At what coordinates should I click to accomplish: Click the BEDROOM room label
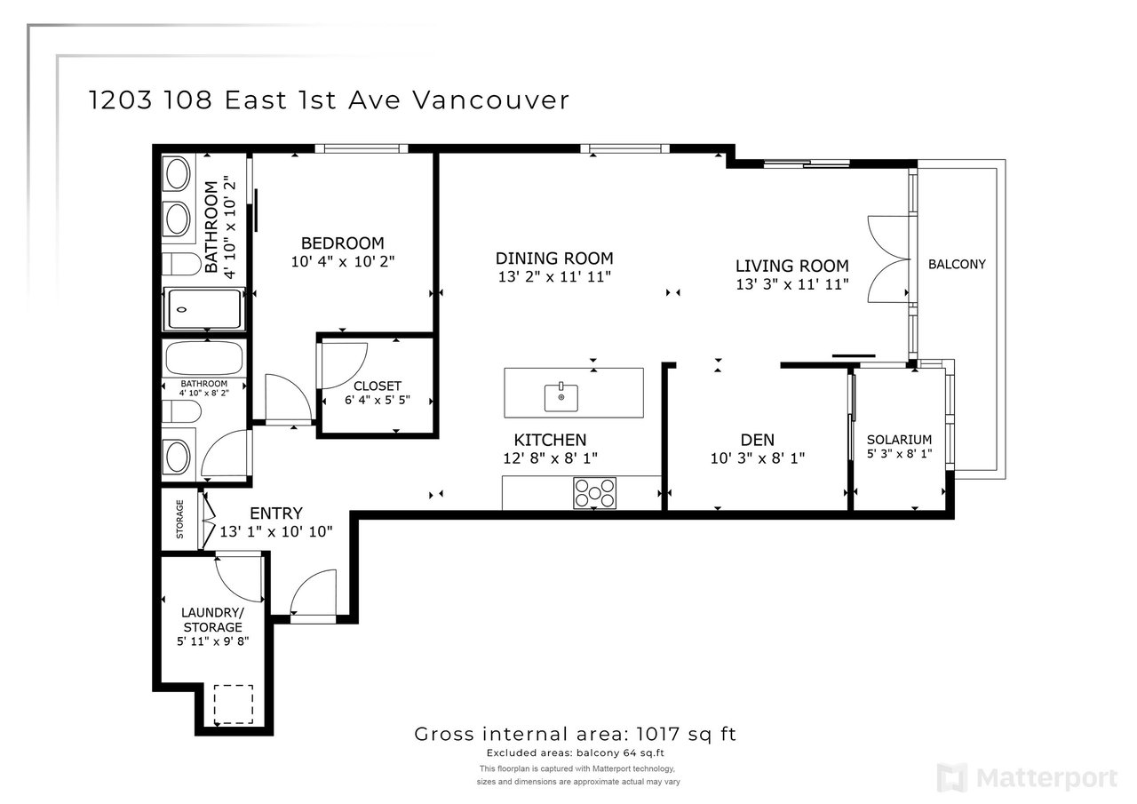(342, 243)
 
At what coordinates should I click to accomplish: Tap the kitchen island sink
(561, 397)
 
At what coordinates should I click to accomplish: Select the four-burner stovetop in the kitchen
(594, 492)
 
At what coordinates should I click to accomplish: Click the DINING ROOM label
(554, 259)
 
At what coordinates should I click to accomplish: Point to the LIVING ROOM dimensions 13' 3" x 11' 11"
(792, 284)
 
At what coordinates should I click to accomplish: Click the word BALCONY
(957, 264)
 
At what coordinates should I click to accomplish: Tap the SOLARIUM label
(899, 440)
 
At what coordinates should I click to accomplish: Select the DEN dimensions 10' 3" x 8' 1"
(758, 458)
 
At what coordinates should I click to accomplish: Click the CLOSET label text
(378, 386)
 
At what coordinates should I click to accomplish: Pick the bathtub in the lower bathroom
(204, 358)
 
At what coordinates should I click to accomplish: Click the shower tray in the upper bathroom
(204, 308)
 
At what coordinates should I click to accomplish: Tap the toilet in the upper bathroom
(182, 264)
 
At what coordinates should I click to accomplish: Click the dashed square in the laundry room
(233, 704)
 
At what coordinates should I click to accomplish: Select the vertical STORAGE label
(179, 519)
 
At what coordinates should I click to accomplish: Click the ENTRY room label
(276, 513)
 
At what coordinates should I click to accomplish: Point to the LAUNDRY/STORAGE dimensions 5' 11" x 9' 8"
(212, 641)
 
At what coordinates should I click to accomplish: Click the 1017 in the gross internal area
(657, 734)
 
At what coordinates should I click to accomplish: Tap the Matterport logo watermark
(1027, 777)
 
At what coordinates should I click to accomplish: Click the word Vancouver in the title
(490, 100)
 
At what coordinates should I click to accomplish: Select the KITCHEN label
(550, 440)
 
